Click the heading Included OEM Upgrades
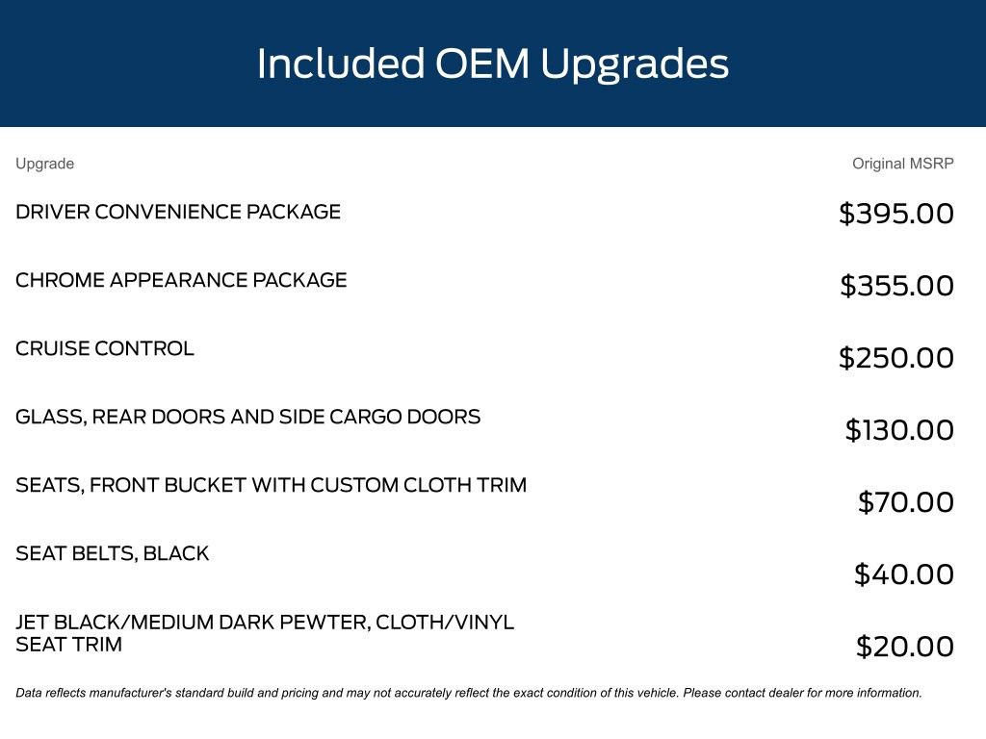point(492,64)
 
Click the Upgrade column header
point(44,164)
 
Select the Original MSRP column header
point(902,164)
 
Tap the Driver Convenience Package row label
point(178,212)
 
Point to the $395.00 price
point(896,214)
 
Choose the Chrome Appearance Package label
point(181,280)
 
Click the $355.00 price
point(896,286)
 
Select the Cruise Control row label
point(105,348)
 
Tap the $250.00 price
point(896,358)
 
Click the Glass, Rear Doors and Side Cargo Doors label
point(247,418)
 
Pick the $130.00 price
point(899,430)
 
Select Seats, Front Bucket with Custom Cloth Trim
point(271,485)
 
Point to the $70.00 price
point(905,502)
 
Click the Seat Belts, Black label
point(112,553)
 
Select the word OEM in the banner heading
point(481,64)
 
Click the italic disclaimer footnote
point(469,693)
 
